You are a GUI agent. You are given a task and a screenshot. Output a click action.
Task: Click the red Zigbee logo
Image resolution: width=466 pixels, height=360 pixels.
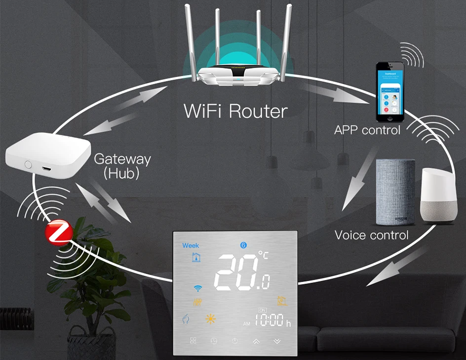(x=59, y=232)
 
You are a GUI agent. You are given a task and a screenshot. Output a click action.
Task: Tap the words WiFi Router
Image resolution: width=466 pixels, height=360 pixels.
(x=235, y=110)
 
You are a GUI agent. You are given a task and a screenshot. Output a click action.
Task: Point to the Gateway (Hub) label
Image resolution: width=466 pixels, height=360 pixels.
(x=122, y=166)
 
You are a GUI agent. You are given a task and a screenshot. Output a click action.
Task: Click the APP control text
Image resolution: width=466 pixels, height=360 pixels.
(x=367, y=130)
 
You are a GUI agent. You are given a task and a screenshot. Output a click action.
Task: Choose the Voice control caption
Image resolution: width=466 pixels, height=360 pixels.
(x=372, y=235)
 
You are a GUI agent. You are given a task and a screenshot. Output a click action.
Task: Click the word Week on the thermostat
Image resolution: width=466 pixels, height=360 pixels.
(x=191, y=245)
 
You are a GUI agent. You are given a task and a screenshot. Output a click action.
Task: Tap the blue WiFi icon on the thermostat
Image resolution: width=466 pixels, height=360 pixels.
(x=198, y=288)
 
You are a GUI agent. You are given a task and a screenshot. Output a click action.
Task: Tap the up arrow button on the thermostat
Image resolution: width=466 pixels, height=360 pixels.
(x=256, y=341)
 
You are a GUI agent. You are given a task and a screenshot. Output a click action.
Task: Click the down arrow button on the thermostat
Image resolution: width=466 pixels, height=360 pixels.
(x=277, y=341)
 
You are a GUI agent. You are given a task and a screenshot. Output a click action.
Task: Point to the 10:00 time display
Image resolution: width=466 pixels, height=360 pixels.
(x=269, y=322)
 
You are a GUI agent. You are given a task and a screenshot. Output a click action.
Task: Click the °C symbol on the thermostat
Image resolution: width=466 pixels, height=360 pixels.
(x=264, y=255)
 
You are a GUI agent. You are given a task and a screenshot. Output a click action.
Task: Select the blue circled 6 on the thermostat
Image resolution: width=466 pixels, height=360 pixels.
(x=243, y=245)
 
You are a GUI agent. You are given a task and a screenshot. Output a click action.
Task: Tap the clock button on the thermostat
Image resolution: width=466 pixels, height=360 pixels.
(x=214, y=341)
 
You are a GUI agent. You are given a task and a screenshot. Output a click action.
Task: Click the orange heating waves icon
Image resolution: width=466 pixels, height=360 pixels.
(x=197, y=302)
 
